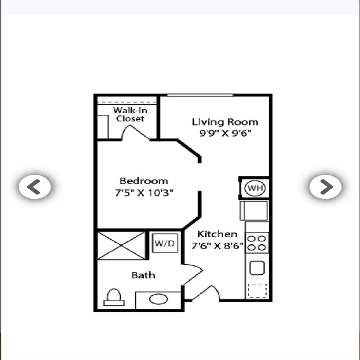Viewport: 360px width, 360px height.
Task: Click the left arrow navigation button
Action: click(x=35, y=187)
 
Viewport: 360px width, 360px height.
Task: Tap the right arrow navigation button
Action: click(x=325, y=187)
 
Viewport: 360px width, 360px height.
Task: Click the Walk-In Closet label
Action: click(x=130, y=114)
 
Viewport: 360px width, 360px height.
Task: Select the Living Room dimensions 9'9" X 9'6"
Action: click(x=225, y=133)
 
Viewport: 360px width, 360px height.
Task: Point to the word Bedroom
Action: click(x=144, y=181)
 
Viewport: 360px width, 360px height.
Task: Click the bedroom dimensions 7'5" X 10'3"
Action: click(x=144, y=193)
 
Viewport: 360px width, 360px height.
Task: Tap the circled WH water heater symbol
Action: click(x=255, y=188)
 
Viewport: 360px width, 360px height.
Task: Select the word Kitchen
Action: click(x=217, y=234)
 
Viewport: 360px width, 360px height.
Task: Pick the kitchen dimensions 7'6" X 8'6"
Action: click(x=217, y=246)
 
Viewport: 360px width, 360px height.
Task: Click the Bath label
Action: click(x=143, y=275)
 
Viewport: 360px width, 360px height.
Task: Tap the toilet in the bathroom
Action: click(x=114, y=297)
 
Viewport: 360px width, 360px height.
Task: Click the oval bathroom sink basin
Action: click(x=159, y=299)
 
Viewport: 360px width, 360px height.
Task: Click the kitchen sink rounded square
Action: click(x=257, y=268)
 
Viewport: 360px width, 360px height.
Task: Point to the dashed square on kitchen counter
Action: click(x=257, y=291)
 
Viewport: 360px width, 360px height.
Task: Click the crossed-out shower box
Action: click(x=121, y=246)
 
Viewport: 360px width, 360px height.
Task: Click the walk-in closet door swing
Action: click(x=135, y=132)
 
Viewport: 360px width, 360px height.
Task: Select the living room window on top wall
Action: click(x=200, y=95)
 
